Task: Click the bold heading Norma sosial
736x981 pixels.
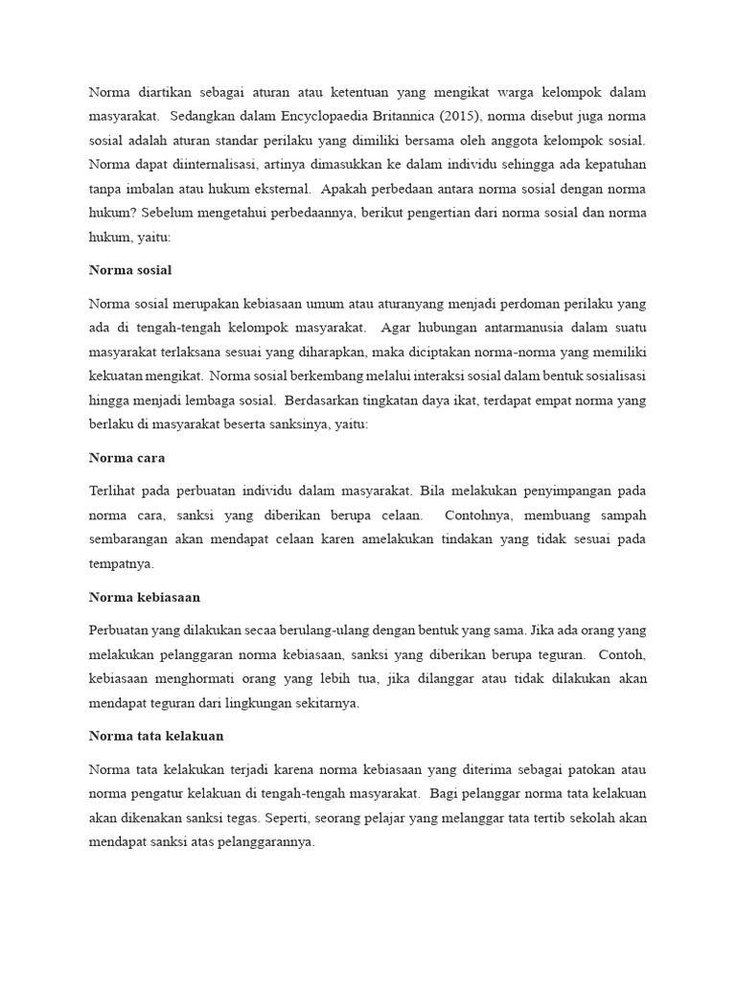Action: pos(130,271)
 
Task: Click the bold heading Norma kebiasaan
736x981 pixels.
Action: pos(145,598)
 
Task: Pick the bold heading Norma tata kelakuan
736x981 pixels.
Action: pos(155,736)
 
